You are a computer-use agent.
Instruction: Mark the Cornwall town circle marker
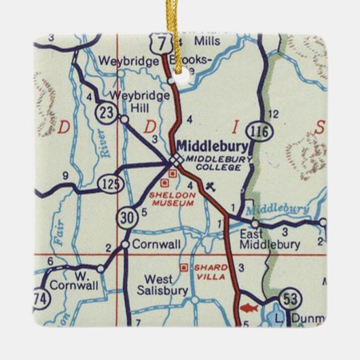coord(126,244)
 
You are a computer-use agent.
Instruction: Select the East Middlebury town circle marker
coord(255,223)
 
